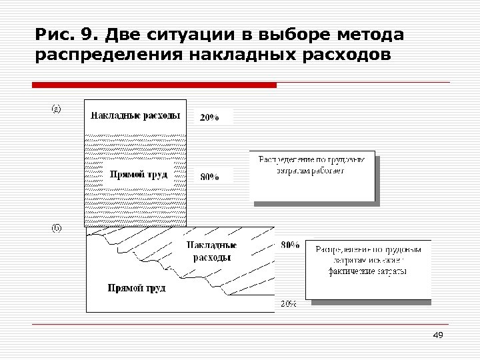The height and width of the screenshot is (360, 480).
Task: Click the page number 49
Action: (x=438, y=335)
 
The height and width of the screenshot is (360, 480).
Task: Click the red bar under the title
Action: (x=155, y=85)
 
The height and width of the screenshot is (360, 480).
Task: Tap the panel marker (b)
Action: (x=57, y=228)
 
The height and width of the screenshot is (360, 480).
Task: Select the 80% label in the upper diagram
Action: (x=209, y=177)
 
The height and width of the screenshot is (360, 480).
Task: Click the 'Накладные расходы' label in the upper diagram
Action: (x=135, y=115)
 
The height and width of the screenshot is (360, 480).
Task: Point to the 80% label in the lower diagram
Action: (x=290, y=245)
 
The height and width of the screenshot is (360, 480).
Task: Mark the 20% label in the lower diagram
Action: (x=287, y=304)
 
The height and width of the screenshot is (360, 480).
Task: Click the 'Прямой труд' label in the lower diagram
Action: (x=137, y=288)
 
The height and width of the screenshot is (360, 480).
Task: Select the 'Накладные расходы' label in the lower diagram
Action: (x=212, y=251)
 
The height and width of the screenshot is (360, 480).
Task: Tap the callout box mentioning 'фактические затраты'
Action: (x=368, y=269)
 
